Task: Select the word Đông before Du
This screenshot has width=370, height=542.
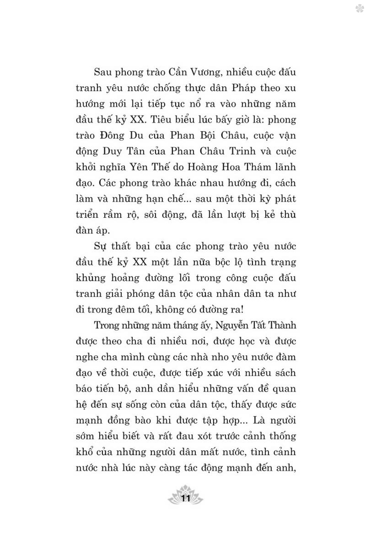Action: pyautogui.click(x=113, y=135)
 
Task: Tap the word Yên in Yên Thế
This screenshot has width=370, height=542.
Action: pyautogui.click(x=138, y=167)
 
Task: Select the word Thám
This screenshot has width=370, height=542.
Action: pyautogui.click(x=258, y=167)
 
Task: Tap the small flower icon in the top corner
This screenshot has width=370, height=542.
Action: pyautogui.click(x=360, y=9)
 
